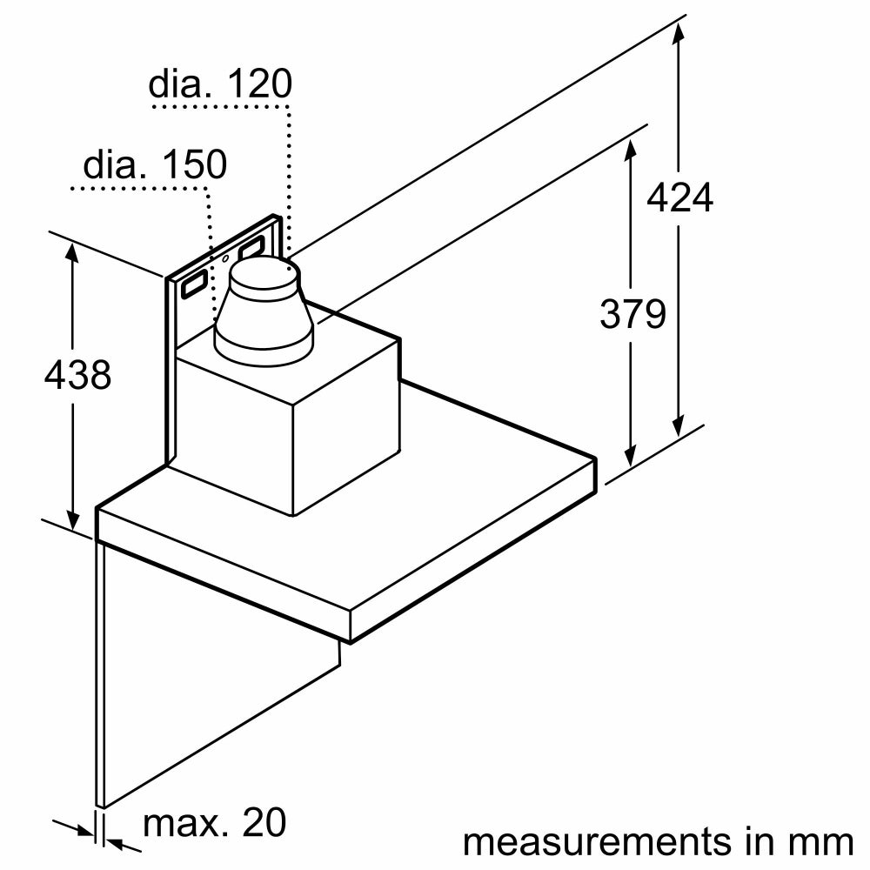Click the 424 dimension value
[x=679, y=198]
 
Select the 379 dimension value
[x=632, y=314]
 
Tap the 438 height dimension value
[x=77, y=375]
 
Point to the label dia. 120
[x=219, y=85]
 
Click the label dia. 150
[x=154, y=164]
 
